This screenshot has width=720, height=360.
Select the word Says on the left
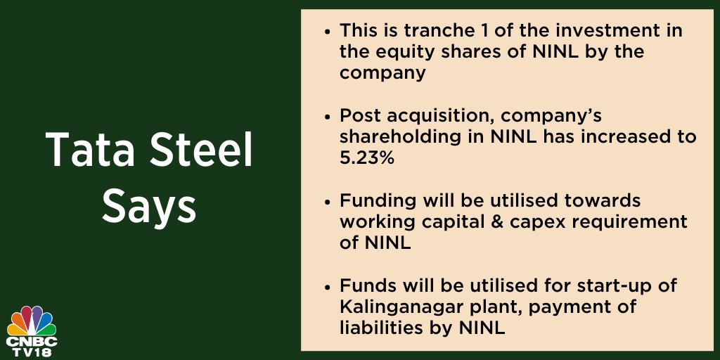click(148, 206)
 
